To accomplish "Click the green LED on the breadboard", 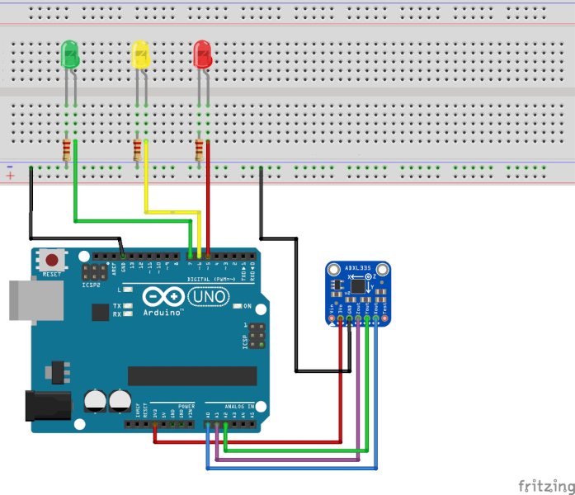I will pyautogui.click(x=71, y=56).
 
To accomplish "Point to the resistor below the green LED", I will pyautogui.click(x=67, y=151).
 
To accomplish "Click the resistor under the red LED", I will pyautogui.click(x=199, y=151).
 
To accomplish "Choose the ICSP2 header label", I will pyautogui.click(x=91, y=285).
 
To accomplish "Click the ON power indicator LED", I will pyautogui.click(x=238, y=306).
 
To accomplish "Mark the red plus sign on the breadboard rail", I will pyautogui.click(x=10, y=177).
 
